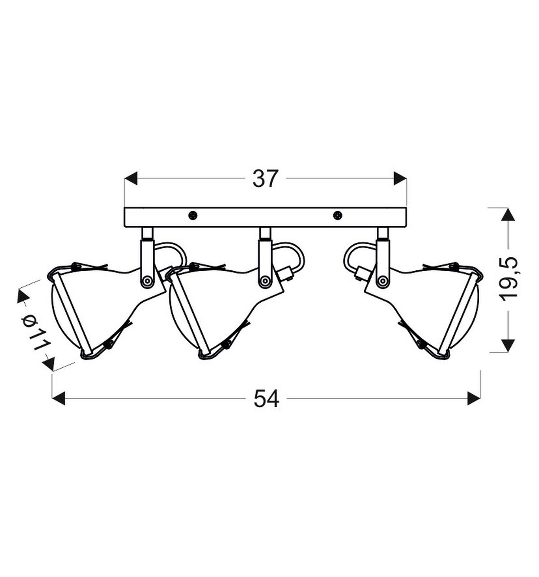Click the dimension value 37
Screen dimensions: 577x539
[265, 179]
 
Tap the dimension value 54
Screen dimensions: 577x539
[266, 398]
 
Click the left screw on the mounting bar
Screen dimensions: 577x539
[193, 215]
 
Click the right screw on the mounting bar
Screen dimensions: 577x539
[337, 215]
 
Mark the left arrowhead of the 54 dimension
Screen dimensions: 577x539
[59, 398]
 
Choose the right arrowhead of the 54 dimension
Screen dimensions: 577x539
[473, 398]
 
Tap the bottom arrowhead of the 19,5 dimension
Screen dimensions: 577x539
[508, 345]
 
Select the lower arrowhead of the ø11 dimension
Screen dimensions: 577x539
[48, 364]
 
